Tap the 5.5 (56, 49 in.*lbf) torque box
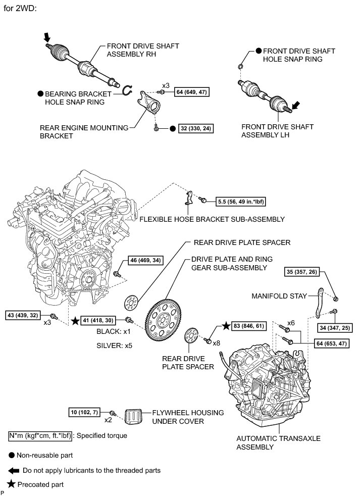(241, 201)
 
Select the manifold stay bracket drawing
(319, 303)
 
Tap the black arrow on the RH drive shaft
(48, 37)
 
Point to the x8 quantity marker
(217, 343)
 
